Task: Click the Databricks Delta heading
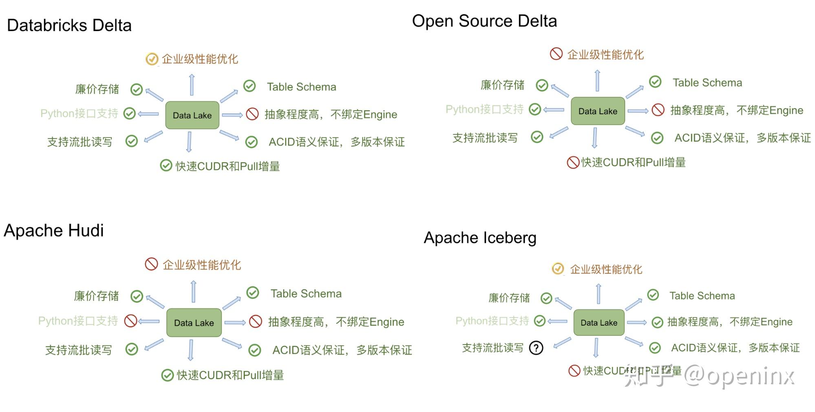pyautogui.click(x=69, y=25)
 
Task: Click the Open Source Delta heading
pyautogui.click(x=484, y=21)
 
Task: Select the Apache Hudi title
pyautogui.click(x=54, y=231)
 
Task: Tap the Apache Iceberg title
pyautogui.click(x=480, y=238)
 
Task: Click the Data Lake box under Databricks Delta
pyautogui.click(x=192, y=115)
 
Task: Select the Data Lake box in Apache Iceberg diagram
pyautogui.click(x=599, y=323)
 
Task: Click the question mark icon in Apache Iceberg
pyautogui.click(x=536, y=348)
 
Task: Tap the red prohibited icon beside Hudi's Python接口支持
pyautogui.click(x=130, y=321)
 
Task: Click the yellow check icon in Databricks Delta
pyautogui.click(x=152, y=59)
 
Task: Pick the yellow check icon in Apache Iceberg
pyautogui.click(x=558, y=269)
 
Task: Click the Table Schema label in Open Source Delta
pyautogui.click(x=707, y=83)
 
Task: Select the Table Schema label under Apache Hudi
pyautogui.click(x=306, y=294)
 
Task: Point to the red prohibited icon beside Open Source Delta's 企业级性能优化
pyautogui.click(x=556, y=54)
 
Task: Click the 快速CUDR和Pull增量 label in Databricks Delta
pyautogui.click(x=227, y=166)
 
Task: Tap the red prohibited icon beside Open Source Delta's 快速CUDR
pyautogui.click(x=573, y=163)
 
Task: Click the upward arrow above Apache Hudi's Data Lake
pyautogui.click(x=194, y=291)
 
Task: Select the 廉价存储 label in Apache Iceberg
pyautogui.click(x=509, y=298)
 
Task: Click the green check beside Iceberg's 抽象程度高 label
pyautogui.click(x=657, y=322)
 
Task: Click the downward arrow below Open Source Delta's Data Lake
pyautogui.click(x=595, y=138)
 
